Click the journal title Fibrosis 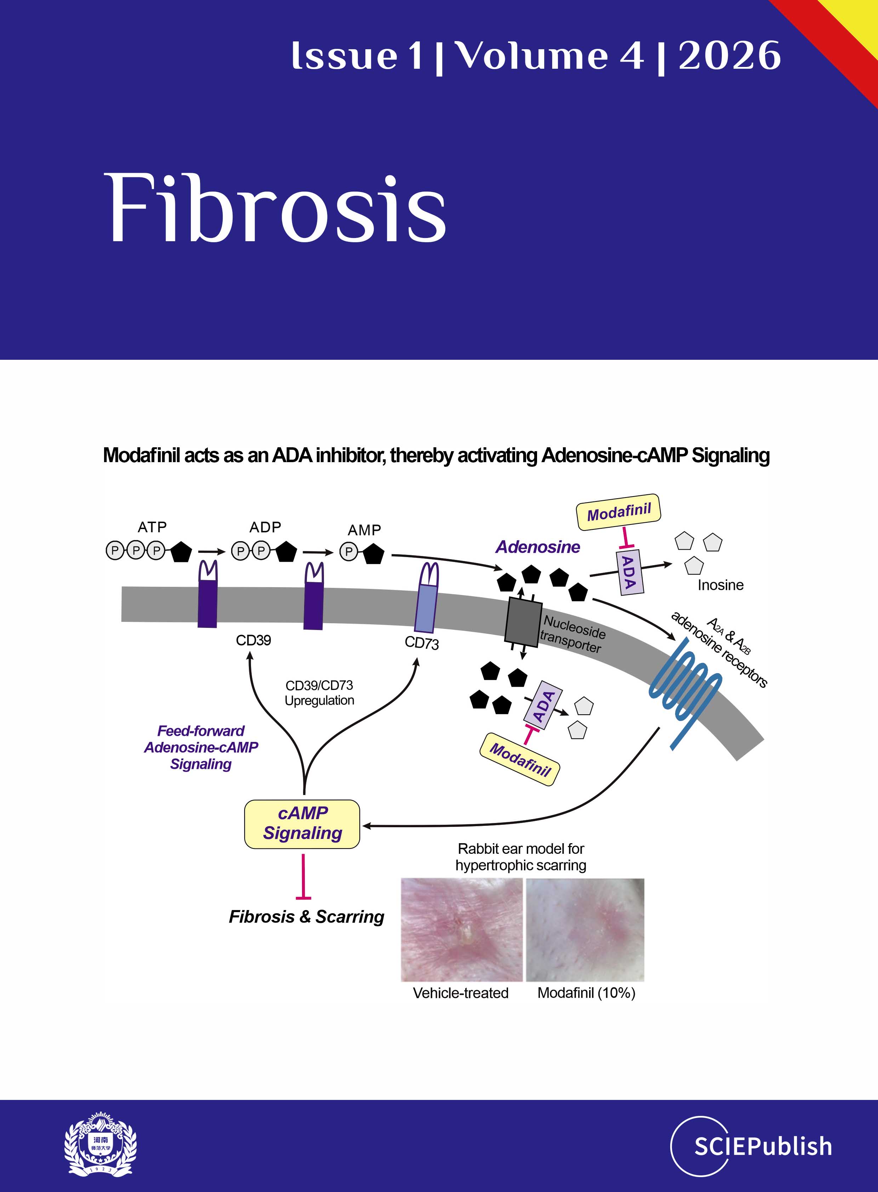[x=276, y=209]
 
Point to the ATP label [x=152, y=527]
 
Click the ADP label [x=265, y=527]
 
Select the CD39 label [x=253, y=640]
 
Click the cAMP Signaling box [x=302, y=824]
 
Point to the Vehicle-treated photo [x=461, y=929]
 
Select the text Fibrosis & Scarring [x=306, y=916]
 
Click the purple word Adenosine [x=537, y=547]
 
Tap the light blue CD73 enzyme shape [x=427, y=601]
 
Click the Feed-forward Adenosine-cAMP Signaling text [x=201, y=747]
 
